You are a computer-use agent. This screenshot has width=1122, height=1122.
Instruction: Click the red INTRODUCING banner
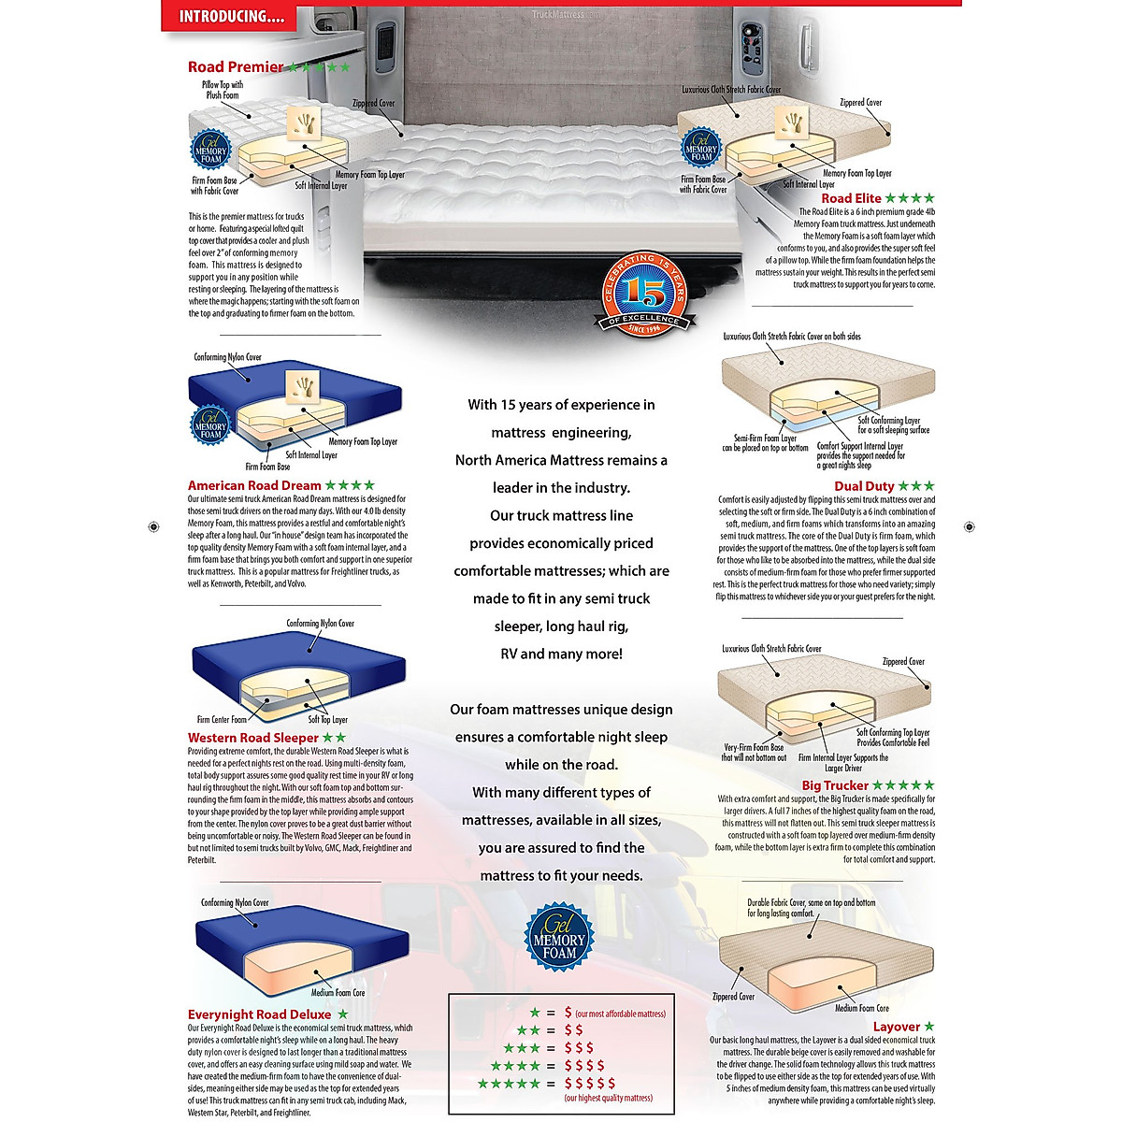pyautogui.click(x=230, y=17)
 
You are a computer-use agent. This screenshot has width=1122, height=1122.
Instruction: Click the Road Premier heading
pyautogui.click(x=236, y=67)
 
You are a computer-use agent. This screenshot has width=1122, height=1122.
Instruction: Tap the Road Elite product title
pyautogui.click(x=851, y=198)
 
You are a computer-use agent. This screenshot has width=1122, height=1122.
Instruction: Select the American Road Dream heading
pyautogui.click(x=254, y=485)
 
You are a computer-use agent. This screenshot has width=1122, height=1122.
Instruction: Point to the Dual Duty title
pyautogui.click(x=864, y=486)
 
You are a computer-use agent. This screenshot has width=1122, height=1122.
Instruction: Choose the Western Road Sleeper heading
pyautogui.click(x=253, y=738)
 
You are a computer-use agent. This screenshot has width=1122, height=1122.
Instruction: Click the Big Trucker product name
pyautogui.click(x=835, y=785)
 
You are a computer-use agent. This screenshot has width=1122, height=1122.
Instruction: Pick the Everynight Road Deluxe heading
pyautogui.click(x=259, y=1014)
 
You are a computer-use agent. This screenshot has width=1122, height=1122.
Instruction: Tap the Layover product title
pyautogui.click(x=896, y=1027)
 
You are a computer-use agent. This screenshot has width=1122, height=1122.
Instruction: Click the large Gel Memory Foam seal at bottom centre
pyautogui.click(x=559, y=939)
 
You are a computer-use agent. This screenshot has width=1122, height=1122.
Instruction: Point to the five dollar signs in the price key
pyautogui.click(x=590, y=1083)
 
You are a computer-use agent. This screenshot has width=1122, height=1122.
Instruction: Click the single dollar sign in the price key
pyautogui.click(x=568, y=1013)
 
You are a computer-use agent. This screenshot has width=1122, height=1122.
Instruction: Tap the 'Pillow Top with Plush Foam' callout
pyautogui.click(x=223, y=90)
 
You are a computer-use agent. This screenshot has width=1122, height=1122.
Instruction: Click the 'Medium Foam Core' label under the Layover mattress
pyautogui.click(x=862, y=1008)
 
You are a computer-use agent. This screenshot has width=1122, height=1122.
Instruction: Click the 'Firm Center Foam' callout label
pyautogui.click(x=222, y=720)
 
